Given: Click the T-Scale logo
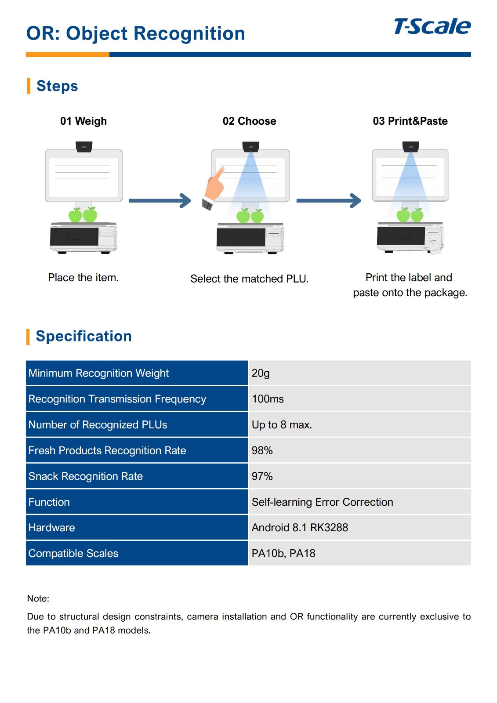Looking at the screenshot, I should [432, 26].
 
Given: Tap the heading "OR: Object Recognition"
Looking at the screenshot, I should [135, 33].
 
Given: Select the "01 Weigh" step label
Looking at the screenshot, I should [83, 121].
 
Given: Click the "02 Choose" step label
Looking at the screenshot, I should [249, 121].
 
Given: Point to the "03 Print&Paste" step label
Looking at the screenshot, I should [410, 121].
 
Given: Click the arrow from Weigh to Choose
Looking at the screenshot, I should [160, 201].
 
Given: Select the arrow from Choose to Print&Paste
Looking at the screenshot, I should [328, 201].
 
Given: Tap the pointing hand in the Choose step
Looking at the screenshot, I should [214, 187].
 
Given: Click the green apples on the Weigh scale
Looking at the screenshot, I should [83, 215].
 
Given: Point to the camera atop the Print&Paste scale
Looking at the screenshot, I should [410, 146].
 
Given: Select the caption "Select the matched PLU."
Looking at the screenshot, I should [249, 279].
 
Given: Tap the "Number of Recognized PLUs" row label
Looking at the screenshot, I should [98, 425].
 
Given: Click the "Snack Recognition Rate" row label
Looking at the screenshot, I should [86, 476].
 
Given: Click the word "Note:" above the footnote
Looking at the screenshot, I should [38, 598].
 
